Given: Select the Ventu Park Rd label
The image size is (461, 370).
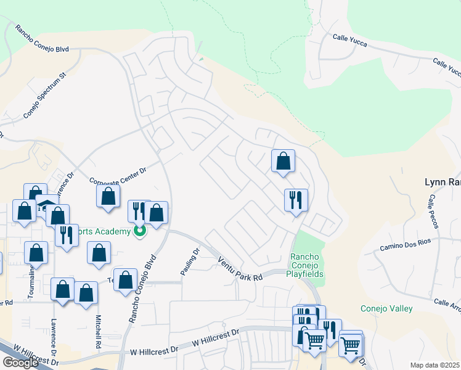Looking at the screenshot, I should coord(240,270).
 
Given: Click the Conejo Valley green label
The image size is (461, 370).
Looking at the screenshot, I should coord(387,308).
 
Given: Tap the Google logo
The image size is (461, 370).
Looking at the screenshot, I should coord(20,363).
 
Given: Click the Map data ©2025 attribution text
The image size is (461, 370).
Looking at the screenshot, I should coord(435,365).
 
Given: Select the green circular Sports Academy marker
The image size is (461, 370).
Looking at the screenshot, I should coord(140,232).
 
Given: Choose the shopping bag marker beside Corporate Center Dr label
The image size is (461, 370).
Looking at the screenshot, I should coord(108,197).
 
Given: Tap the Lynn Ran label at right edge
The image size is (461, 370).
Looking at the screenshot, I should coord(443,182).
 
